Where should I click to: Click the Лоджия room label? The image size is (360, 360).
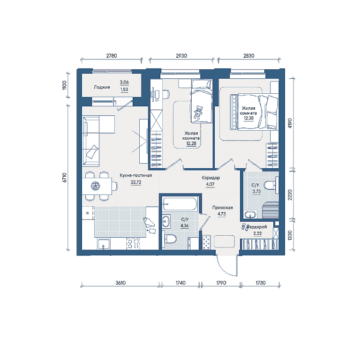pyautogui.click(x=102, y=87)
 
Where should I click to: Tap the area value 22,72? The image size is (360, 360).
pyautogui.click(x=136, y=182)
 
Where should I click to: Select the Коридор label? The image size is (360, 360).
pyautogui.click(x=211, y=178)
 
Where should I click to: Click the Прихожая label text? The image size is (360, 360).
pyautogui.click(x=223, y=208)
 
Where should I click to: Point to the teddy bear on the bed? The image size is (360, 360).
pyautogui.click(x=198, y=112)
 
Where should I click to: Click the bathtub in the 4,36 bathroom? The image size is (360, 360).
pyautogui.click(x=180, y=203)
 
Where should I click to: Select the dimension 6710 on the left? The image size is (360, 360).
pyautogui.click(x=65, y=178)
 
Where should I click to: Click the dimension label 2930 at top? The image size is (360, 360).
pyautogui.click(x=181, y=56)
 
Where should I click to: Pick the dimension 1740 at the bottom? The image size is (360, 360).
pyautogui.click(x=180, y=283)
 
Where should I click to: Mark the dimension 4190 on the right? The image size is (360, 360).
pyautogui.click(x=290, y=123)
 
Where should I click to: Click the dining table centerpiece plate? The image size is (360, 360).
pyautogui.click(x=94, y=186)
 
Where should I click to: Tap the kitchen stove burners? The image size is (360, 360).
pyautogui.click(x=133, y=244)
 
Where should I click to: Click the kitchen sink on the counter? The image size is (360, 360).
pyautogui.click(x=104, y=244)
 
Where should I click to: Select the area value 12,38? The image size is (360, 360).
pyautogui.click(x=248, y=118)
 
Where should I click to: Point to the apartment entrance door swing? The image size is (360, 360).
pyautogui.click(x=226, y=266)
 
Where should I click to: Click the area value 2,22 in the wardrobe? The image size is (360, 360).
pyautogui.click(x=257, y=233)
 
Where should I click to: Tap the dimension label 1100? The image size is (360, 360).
pyautogui.click(x=65, y=85)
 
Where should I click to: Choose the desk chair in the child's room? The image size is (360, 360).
pyautogui.click(x=166, y=94)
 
